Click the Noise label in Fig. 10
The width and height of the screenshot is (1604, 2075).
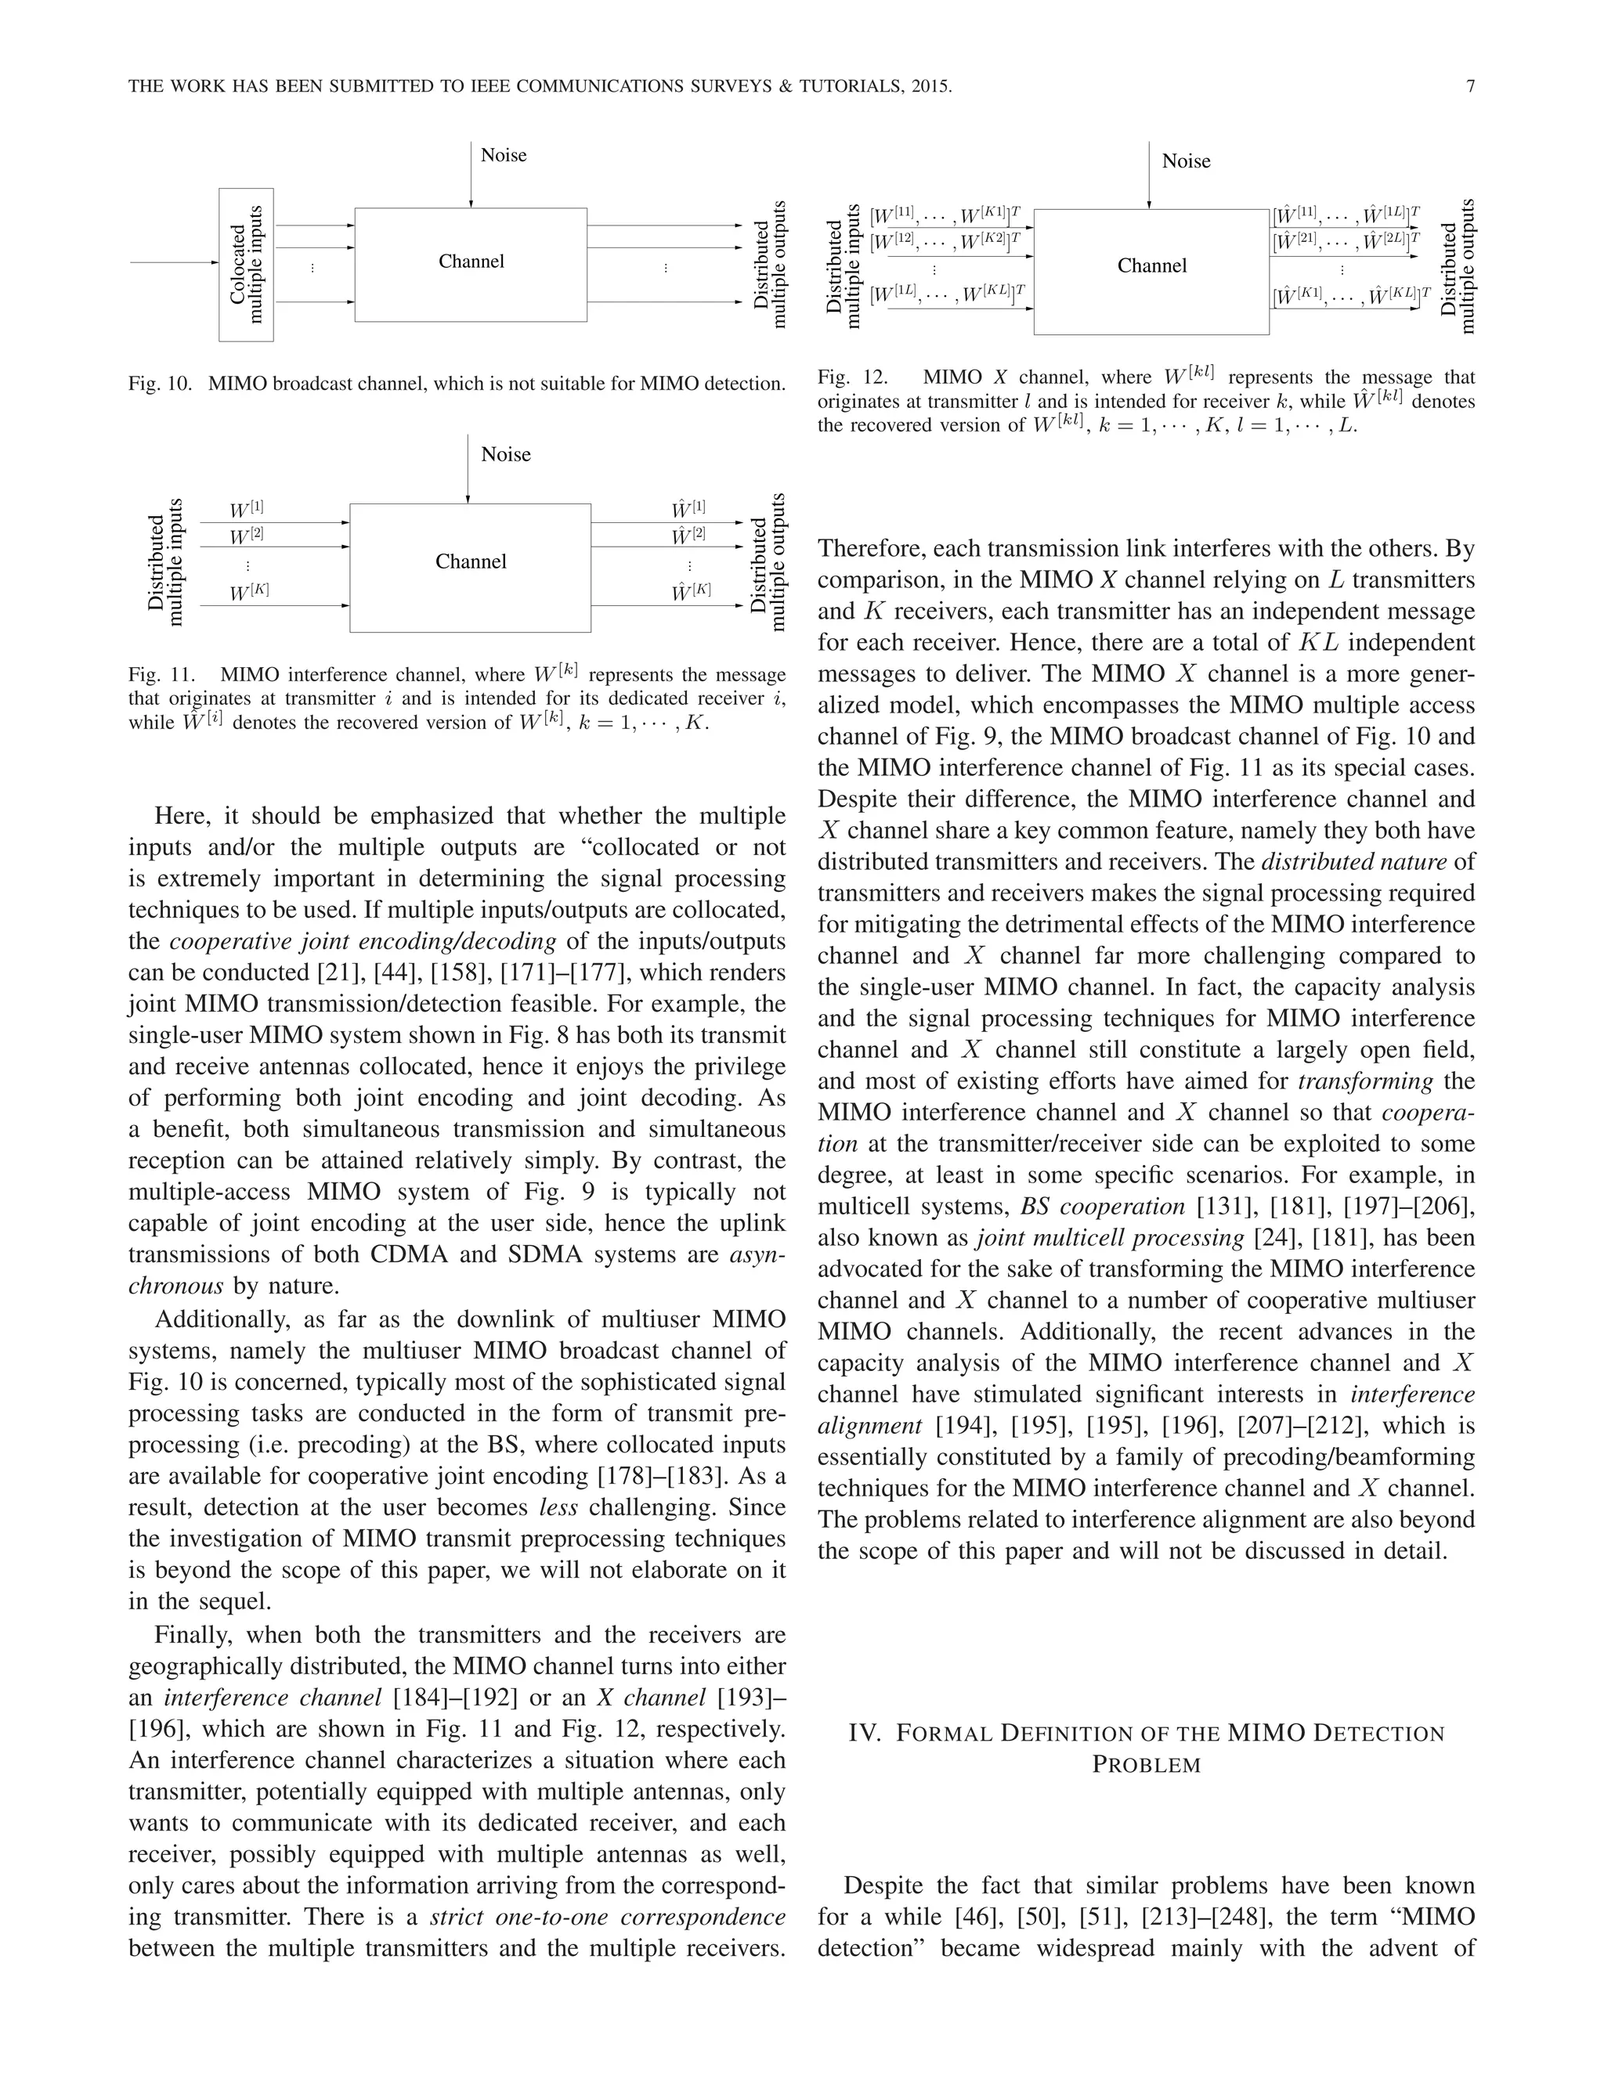click(x=503, y=155)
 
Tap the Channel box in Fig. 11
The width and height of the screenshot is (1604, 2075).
click(x=471, y=567)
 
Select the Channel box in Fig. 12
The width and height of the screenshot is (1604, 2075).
click(x=1151, y=271)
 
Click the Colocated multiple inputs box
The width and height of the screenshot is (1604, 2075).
click(x=246, y=264)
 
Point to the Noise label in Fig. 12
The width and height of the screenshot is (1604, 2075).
click(x=1185, y=161)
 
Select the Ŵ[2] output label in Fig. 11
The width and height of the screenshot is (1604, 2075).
click(x=689, y=535)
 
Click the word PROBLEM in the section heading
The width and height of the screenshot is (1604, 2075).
click(x=1146, y=1764)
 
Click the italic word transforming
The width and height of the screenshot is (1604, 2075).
click(x=1364, y=1081)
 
